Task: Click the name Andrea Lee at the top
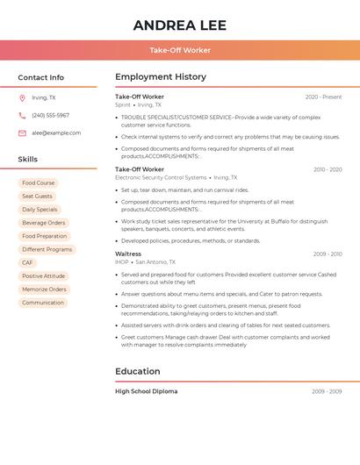[x=180, y=25]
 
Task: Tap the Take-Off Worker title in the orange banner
[x=180, y=50]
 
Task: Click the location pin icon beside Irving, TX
[x=22, y=98]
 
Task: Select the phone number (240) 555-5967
[x=50, y=115]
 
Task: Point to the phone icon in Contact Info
[x=22, y=115]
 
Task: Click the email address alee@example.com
[x=56, y=132]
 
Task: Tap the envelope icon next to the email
[x=22, y=132]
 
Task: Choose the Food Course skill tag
[x=38, y=183]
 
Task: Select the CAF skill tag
[x=28, y=262]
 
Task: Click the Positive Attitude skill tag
[x=43, y=275]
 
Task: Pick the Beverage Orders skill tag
[x=43, y=223]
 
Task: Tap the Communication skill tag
[x=43, y=303]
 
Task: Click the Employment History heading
[x=161, y=77]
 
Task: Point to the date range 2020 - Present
[x=323, y=97]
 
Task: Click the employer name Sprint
[x=123, y=104]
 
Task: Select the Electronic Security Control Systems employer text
[x=161, y=177]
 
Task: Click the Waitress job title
[x=128, y=254]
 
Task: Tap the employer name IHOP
[x=122, y=261]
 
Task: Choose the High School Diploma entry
[x=146, y=391]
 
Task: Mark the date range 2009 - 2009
[x=327, y=391]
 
